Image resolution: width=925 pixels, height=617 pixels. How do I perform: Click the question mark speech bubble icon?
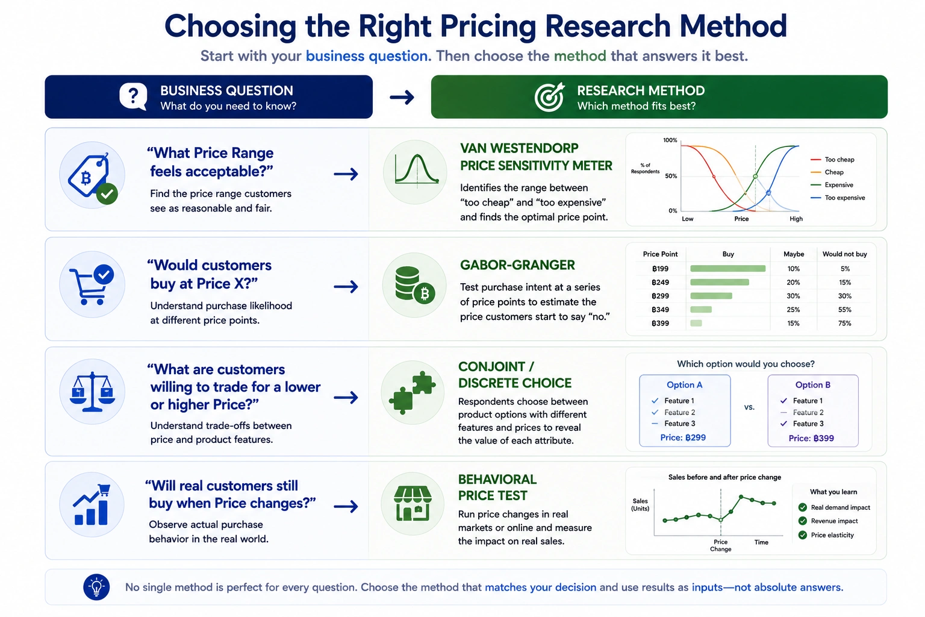click(133, 96)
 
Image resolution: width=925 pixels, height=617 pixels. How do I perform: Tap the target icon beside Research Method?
click(550, 97)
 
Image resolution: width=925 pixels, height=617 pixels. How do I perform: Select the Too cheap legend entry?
click(832, 160)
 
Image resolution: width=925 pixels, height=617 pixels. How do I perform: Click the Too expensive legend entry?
click(838, 198)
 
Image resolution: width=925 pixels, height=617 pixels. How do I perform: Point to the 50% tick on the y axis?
click(671, 176)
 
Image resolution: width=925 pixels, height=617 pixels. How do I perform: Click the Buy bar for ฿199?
click(727, 269)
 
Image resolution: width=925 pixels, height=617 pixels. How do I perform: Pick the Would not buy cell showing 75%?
click(845, 323)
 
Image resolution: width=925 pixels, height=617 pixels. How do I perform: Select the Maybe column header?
click(794, 254)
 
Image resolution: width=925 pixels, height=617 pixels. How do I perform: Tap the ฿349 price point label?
click(660, 310)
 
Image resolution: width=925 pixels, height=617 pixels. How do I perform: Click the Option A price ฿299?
click(683, 437)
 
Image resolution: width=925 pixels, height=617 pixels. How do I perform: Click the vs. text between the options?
click(749, 407)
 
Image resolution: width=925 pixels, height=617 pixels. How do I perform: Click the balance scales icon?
click(92, 392)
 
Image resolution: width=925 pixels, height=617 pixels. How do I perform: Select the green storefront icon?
click(413, 503)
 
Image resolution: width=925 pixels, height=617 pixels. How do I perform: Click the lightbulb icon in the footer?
click(96, 587)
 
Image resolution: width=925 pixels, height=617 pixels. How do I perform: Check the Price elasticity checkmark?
click(802, 535)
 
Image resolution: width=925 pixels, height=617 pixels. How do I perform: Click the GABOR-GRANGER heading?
click(517, 265)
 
